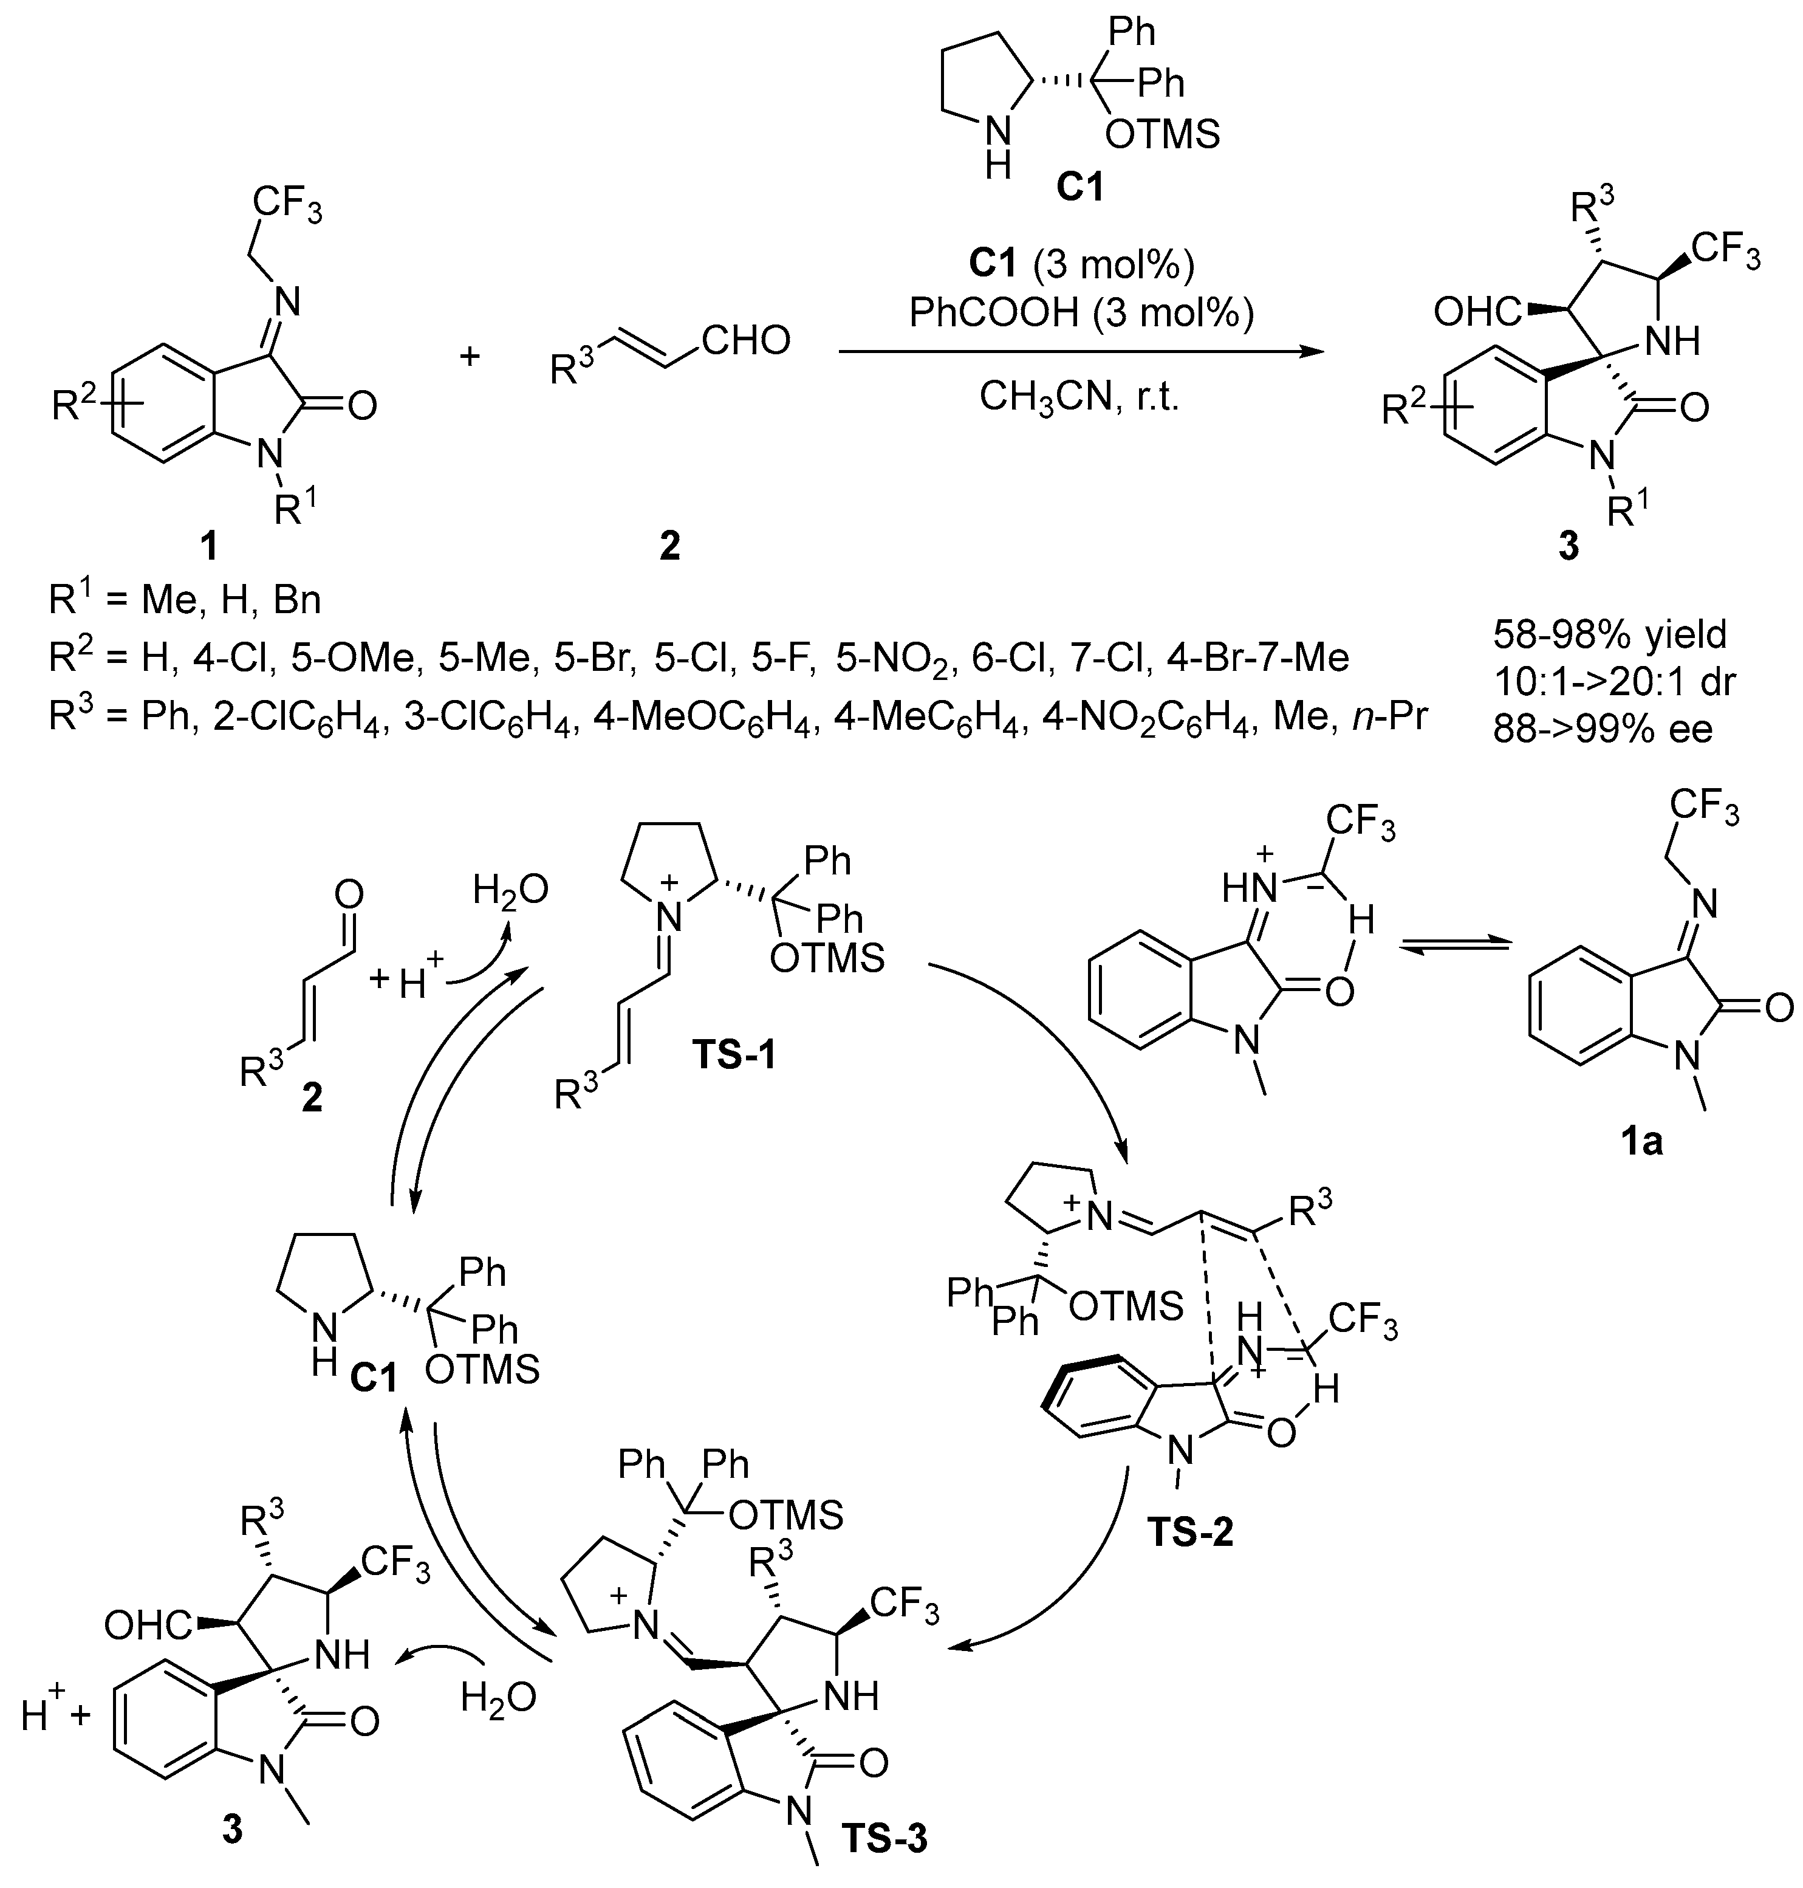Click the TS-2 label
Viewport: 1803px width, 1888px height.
[1189, 1531]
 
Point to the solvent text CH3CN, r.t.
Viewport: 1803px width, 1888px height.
[1078, 396]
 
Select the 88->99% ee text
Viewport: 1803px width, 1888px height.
[1602, 730]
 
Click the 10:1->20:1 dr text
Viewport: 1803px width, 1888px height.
[1615, 682]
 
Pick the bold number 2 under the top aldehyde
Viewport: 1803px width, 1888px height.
[668, 546]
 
